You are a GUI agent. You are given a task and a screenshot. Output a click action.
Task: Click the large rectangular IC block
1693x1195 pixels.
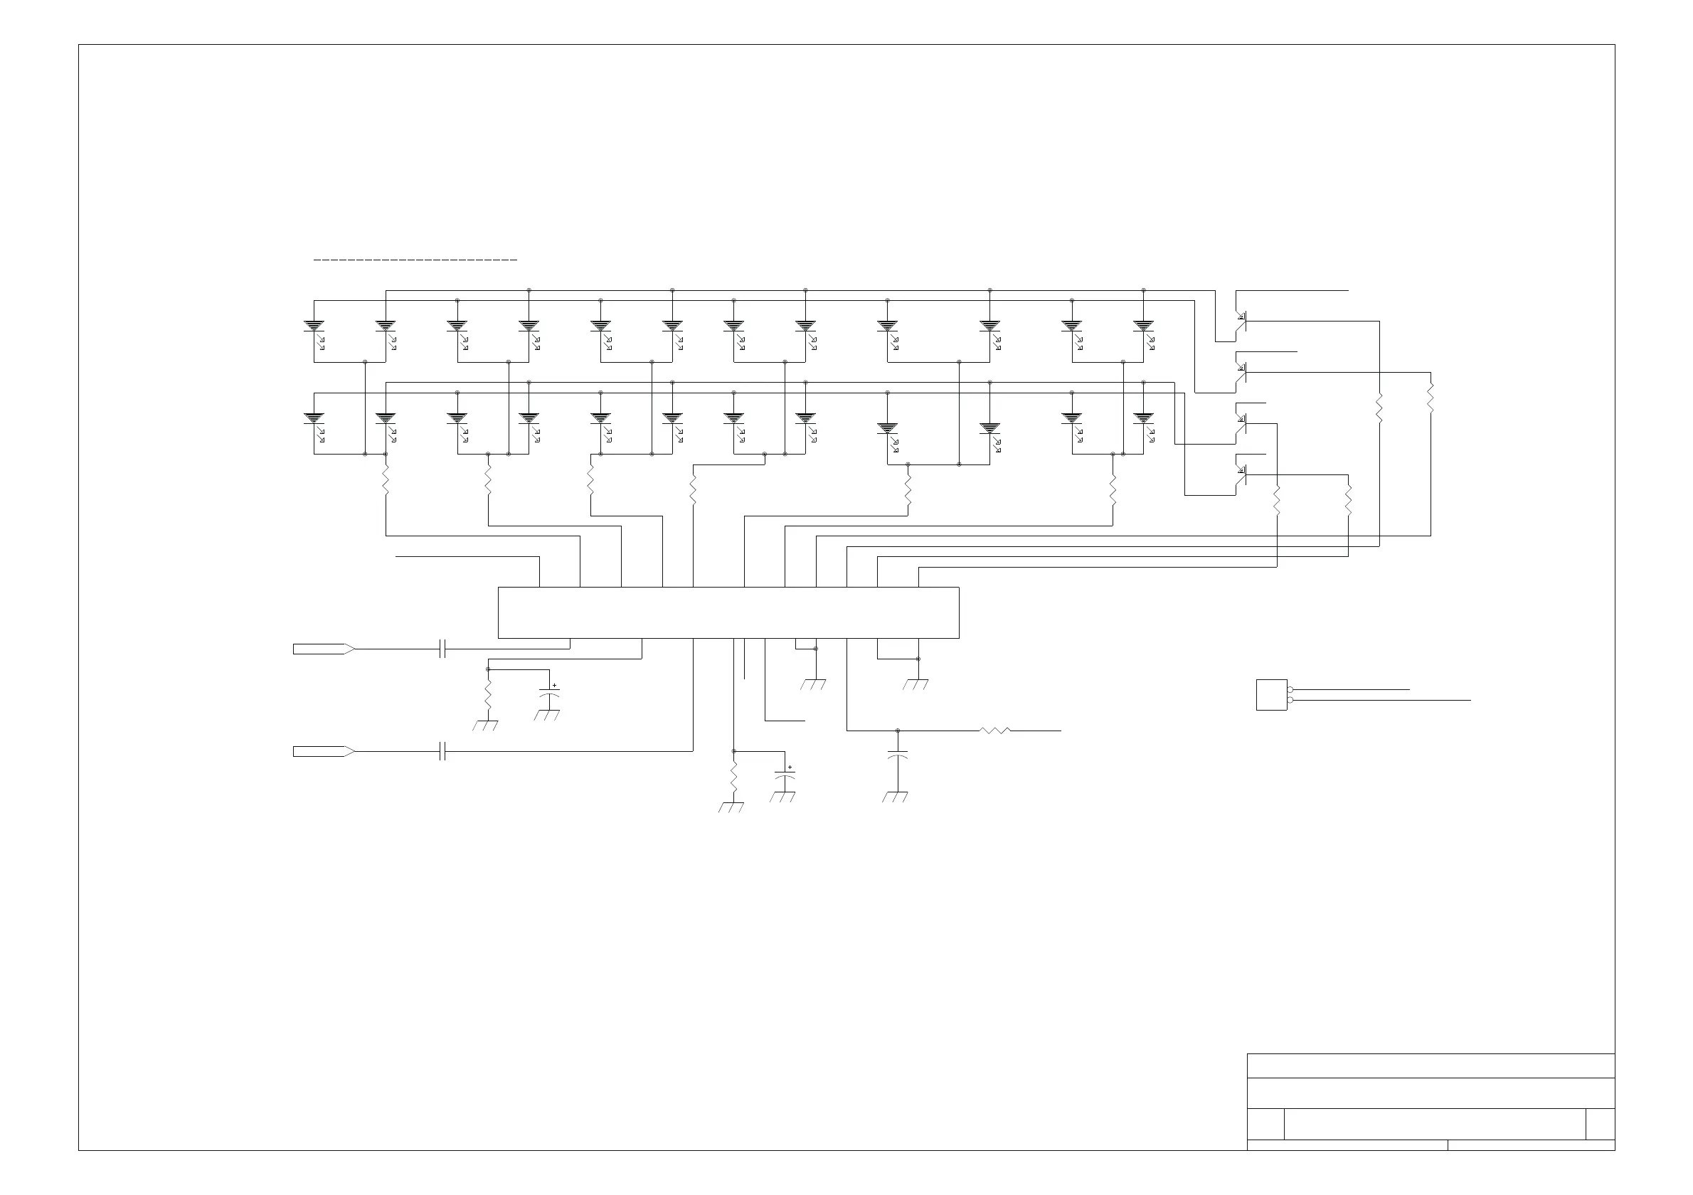click(728, 612)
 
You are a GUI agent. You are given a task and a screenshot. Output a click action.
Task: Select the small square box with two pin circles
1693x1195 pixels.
click(1271, 694)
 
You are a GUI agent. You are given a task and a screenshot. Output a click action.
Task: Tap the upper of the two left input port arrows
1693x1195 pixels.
click(323, 649)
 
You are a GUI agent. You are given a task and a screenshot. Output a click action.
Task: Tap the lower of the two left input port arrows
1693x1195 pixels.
click(323, 751)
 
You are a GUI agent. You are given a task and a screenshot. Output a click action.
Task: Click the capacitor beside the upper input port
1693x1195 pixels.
click(442, 649)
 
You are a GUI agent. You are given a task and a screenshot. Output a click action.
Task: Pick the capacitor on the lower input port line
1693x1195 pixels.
click(442, 751)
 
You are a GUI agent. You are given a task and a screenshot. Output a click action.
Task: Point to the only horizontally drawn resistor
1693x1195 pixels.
click(994, 731)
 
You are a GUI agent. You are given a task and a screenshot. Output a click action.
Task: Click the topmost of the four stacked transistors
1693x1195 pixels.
click(1242, 319)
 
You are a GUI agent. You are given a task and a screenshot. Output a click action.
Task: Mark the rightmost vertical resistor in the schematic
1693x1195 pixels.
click(1431, 398)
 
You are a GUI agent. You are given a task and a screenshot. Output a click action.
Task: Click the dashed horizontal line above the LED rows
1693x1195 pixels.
click(415, 260)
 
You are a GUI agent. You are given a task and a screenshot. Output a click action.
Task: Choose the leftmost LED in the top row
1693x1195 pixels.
click(314, 326)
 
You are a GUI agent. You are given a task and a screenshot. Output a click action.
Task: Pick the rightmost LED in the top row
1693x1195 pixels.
click(1144, 326)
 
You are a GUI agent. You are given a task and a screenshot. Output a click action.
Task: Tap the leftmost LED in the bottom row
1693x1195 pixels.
click(314, 419)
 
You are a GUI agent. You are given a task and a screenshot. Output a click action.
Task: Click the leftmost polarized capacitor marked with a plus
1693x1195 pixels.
click(549, 694)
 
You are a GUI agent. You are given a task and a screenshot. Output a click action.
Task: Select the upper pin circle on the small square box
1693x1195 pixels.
click(1290, 689)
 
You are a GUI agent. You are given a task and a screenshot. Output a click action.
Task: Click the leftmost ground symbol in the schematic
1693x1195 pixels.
click(485, 726)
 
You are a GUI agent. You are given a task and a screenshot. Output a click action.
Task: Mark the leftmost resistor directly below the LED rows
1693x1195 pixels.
click(386, 482)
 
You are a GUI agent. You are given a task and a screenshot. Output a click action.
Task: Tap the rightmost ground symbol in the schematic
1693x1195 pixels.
click(916, 684)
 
